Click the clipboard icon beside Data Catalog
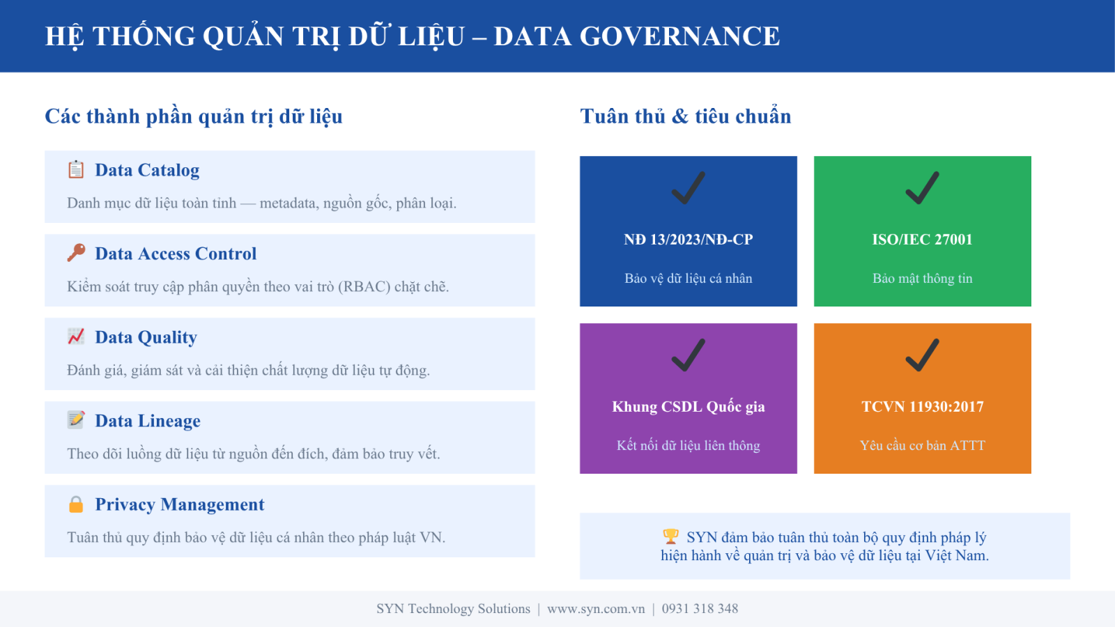point(76,170)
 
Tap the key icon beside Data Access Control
point(76,253)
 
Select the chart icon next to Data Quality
point(76,336)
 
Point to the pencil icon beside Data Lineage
point(76,419)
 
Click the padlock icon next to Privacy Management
point(76,504)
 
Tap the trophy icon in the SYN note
point(670,536)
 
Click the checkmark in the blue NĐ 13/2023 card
point(689,188)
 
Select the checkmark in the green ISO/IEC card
point(923,188)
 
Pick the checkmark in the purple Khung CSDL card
point(689,355)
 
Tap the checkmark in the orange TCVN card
point(923,355)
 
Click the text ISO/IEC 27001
point(923,240)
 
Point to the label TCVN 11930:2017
point(923,407)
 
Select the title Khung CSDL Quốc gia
point(689,407)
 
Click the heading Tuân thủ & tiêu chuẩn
point(686,116)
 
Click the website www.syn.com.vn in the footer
point(596,609)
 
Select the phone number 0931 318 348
point(700,609)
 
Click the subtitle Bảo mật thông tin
point(923,278)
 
